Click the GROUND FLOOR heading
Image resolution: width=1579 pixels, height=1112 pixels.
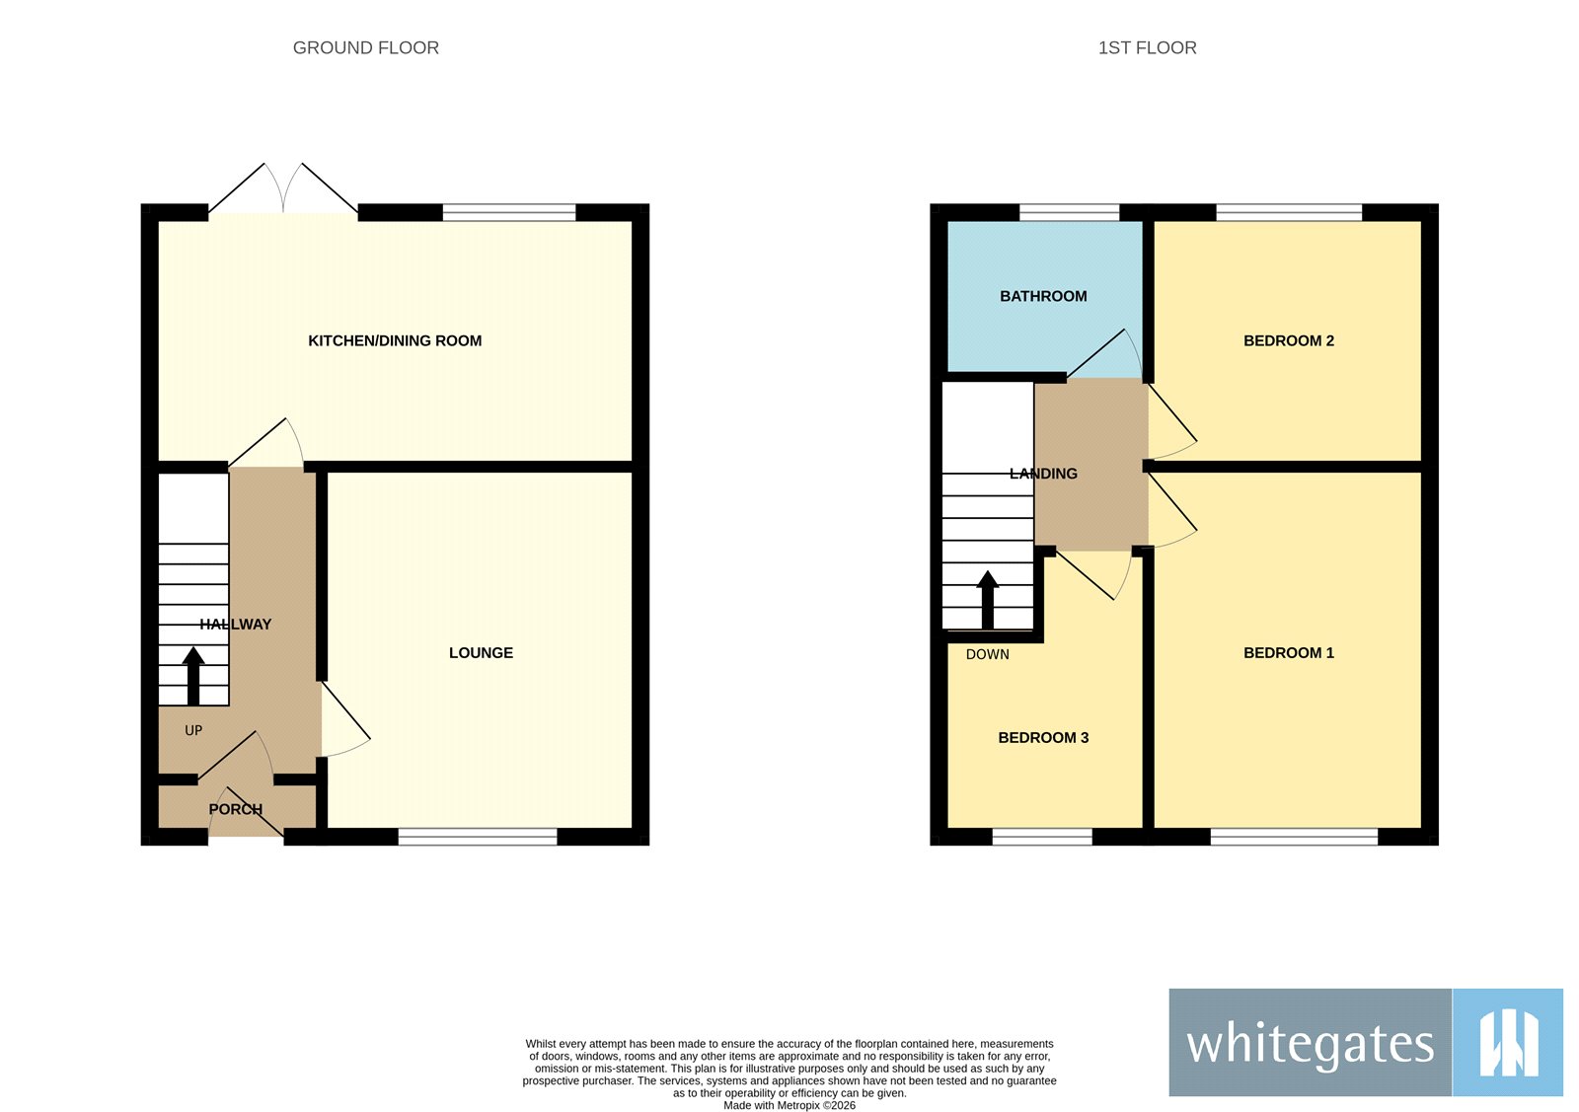(365, 47)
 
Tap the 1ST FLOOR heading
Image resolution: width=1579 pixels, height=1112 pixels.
(1147, 47)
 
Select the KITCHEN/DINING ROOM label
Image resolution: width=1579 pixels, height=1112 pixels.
(395, 340)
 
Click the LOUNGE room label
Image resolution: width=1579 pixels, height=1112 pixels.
(481, 652)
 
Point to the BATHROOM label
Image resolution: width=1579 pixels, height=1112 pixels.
(1043, 296)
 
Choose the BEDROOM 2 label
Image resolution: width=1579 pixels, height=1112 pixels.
(1288, 340)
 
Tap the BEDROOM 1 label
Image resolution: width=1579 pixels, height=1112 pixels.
(1288, 652)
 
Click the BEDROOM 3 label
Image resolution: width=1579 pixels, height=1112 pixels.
(1043, 737)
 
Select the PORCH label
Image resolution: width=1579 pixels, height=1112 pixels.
(235, 809)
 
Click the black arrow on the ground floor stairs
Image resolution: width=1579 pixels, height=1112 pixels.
(193, 675)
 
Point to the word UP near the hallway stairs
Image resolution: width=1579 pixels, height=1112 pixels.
(193, 730)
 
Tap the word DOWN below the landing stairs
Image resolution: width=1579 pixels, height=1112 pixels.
(987, 654)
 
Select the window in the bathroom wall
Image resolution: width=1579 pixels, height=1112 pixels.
(1069, 212)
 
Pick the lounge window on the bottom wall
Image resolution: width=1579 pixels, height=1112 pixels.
(478, 837)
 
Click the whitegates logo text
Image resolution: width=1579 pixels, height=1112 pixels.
(1310, 1043)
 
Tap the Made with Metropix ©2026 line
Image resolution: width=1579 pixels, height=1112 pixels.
(789, 1105)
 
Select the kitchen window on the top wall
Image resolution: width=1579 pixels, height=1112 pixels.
(508, 212)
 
